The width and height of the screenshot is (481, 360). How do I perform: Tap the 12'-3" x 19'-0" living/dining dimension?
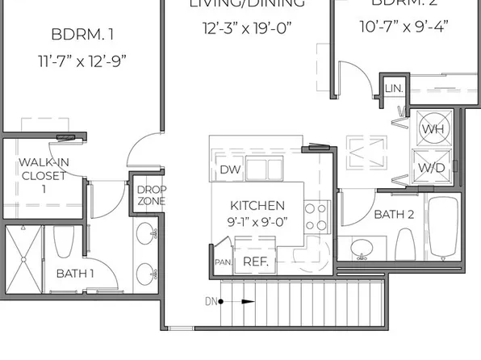(x=246, y=28)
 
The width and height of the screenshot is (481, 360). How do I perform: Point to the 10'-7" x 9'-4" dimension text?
(x=404, y=26)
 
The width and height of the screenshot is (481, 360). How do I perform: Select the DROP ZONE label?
(x=151, y=195)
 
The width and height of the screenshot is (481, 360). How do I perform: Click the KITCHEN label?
(x=257, y=205)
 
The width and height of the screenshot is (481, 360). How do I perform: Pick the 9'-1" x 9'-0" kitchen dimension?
(x=257, y=222)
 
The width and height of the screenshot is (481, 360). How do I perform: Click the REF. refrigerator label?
(x=255, y=262)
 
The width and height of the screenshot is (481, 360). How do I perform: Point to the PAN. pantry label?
(x=223, y=262)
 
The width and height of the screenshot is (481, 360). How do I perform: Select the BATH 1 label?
(x=75, y=274)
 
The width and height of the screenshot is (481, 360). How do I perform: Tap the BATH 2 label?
(x=394, y=214)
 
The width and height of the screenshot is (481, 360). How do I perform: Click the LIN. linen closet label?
(x=393, y=87)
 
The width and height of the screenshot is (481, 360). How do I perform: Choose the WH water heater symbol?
(x=433, y=128)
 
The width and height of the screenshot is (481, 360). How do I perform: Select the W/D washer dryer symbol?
(x=433, y=167)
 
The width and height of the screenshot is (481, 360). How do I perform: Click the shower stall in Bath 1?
(x=23, y=259)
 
